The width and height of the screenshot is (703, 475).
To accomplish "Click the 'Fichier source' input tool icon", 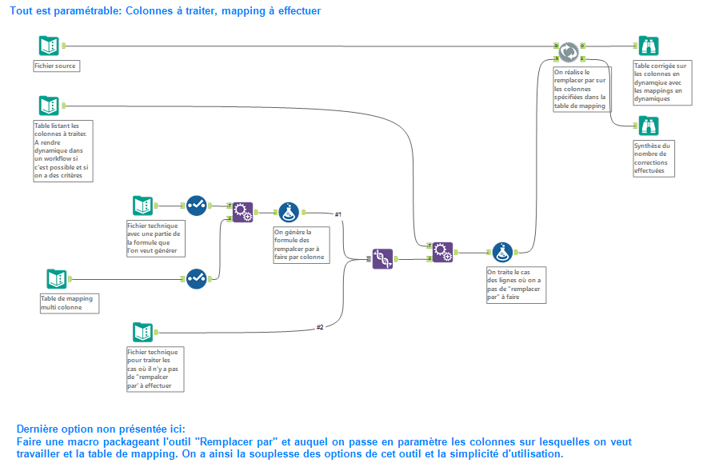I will [49, 46].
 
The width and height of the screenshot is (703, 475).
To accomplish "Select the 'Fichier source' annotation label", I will [55, 66].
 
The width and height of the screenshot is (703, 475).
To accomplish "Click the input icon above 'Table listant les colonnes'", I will [49, 106].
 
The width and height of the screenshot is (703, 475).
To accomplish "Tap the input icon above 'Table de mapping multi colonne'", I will [56, 278].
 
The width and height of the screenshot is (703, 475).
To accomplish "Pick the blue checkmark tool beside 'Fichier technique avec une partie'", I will [197, 206].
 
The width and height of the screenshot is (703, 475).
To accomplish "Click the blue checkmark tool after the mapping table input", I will [197, 278].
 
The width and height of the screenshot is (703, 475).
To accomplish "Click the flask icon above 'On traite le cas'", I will [502, 252].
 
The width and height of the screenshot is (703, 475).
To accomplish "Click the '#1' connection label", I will [338, 214].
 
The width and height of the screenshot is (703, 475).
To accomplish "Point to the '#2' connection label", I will [320, 327].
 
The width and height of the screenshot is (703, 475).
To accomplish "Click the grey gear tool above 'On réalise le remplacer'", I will [569, 51].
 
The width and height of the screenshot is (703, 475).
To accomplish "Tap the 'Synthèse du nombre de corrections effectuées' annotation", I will [653, 158].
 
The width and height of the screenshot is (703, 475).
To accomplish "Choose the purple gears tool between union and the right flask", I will [442, 252].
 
